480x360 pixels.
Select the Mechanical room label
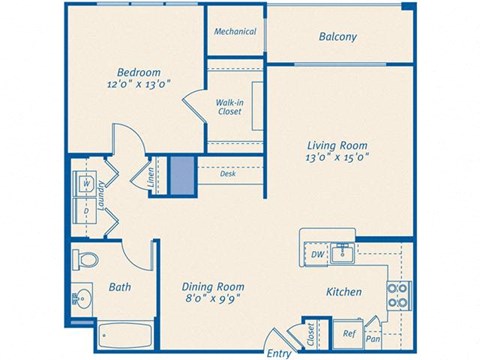point(235,31)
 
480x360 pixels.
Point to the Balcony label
point(338,37)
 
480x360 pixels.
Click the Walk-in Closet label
point(230,107)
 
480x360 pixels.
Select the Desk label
point(228,174)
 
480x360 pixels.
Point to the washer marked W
point(87,184)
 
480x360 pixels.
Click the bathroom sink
point(80,297)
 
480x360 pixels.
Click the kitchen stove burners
point(397,293)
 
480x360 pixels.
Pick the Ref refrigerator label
point(349,334)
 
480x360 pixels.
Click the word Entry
point(279,353)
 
